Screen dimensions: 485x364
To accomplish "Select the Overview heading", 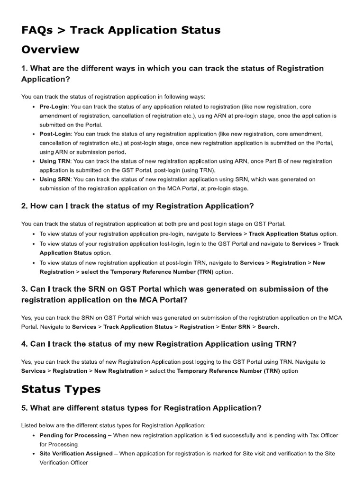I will (50, 49).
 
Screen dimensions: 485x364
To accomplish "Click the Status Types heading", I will (61, 389).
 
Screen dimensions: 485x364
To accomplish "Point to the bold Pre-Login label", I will (54, 107).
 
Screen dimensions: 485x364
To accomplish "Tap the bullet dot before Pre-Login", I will (34, 107).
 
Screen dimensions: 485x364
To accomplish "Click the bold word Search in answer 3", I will (268, 327).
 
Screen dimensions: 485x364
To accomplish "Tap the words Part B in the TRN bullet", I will (246, 161).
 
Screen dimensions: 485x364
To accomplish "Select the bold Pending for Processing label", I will (73, 435).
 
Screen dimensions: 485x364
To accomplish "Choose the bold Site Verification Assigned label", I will (76, 454).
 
